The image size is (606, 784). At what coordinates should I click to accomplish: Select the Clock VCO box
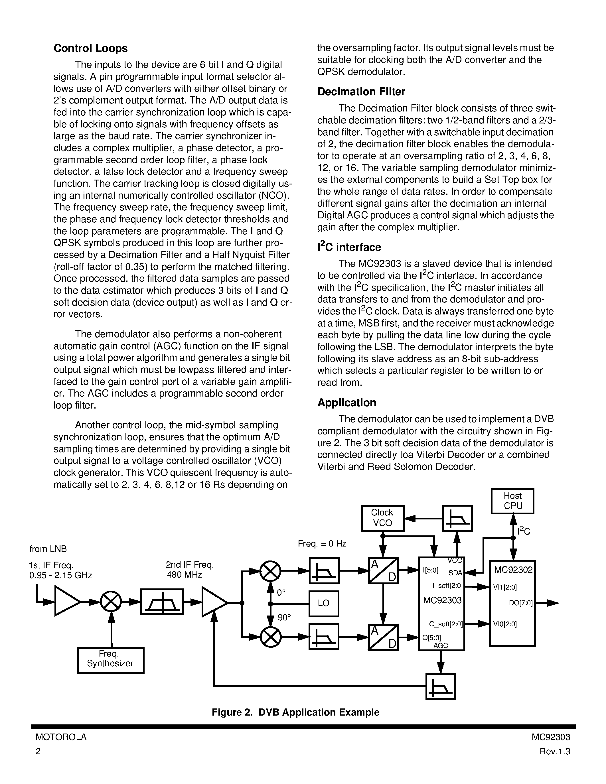click(382, 518)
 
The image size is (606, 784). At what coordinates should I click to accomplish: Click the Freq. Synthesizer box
click(111, 660)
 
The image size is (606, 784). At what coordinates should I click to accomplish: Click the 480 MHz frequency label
click(184, 575)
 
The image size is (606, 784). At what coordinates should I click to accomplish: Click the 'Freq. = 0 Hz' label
click(322, 543)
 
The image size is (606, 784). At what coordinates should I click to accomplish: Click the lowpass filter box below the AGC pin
click(441, 686)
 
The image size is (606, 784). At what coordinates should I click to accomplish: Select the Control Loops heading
click(90, 48)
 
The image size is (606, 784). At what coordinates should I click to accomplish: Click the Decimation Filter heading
click(361, 92)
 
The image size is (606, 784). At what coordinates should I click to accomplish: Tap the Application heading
click(347, 403)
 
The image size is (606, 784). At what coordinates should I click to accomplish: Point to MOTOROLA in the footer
click(61, 737)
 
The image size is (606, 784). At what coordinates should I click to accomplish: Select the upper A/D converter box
click(383, 570)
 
